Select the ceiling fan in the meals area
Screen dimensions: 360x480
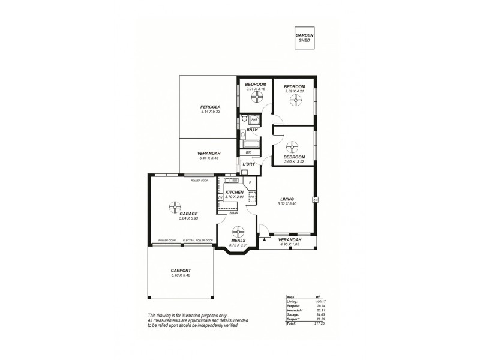[x=238, y=232]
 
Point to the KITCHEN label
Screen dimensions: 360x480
[x=234, y=192]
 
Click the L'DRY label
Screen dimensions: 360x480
[x=249, y=164]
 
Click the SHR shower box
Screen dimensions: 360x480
[x=254, y=119]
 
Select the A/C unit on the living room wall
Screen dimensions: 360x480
[x=314, y=200]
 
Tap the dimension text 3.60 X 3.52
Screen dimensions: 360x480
[x=295, y=161]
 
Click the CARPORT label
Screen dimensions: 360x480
[x=180, y=271]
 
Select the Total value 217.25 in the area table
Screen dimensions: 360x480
[x=312, y=332]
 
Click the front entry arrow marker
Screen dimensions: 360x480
[x=263, y=238]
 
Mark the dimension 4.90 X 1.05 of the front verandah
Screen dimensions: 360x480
[x=290, y=244]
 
